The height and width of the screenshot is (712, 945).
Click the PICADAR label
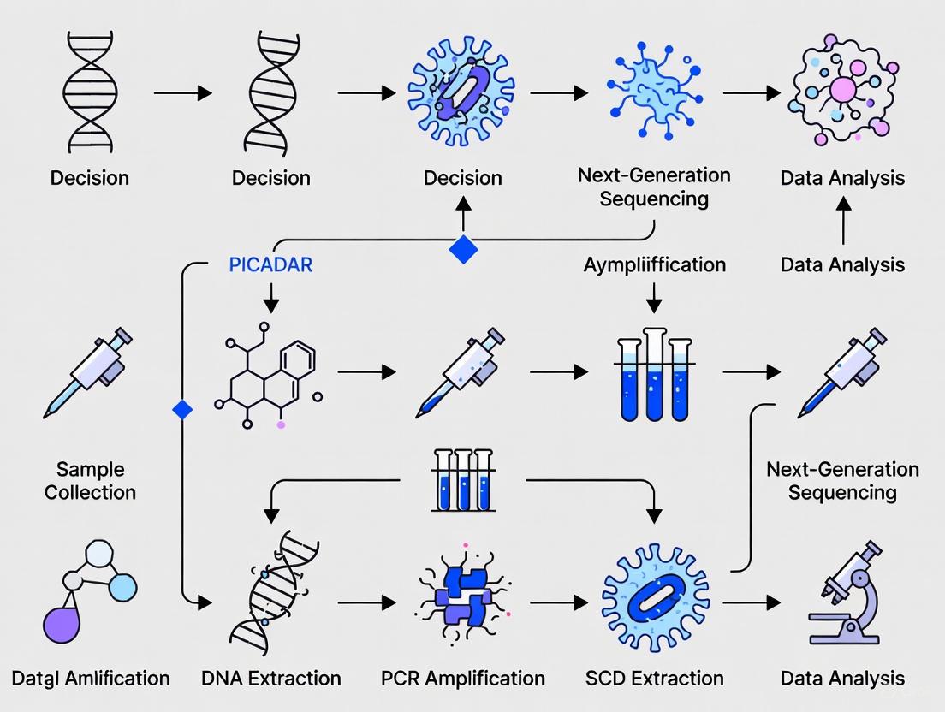(270, 264)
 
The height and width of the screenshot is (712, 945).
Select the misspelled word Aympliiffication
(655, 264)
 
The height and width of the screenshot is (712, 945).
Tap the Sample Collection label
(90, 481)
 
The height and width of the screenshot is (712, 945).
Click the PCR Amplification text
(463, 679)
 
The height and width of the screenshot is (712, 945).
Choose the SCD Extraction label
(655, 679)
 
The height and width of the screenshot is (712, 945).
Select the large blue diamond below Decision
(463, 249)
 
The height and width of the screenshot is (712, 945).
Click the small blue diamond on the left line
(182, 410)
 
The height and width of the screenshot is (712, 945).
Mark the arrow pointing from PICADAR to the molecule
(270, 299)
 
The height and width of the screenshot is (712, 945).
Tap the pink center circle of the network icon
(843, 90)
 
